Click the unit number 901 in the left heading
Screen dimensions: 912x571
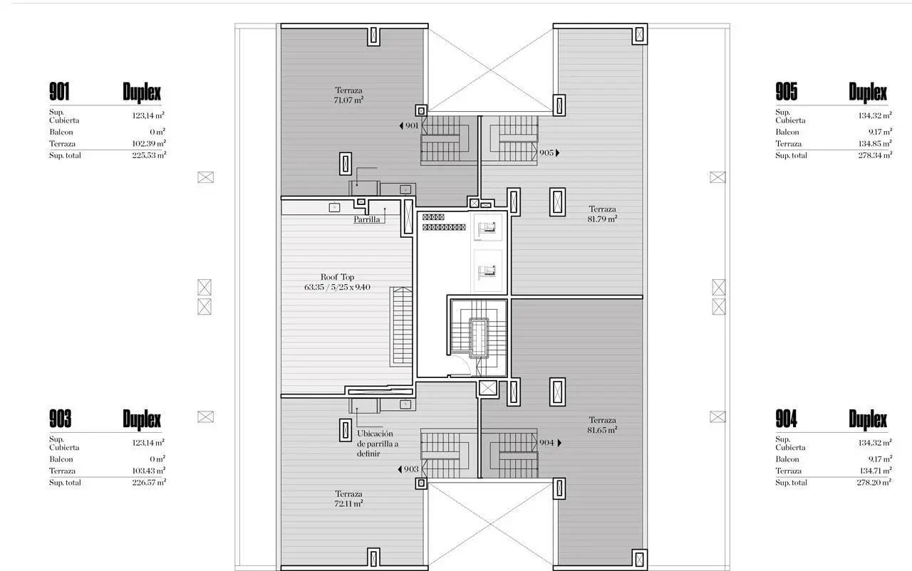59,92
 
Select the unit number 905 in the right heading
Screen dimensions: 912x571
786,92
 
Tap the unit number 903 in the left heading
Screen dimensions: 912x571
60,419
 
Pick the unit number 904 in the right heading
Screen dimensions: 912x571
786,419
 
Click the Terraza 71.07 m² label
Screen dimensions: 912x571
348,95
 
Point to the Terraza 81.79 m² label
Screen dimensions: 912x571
602,214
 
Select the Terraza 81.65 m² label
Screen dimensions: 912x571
602,425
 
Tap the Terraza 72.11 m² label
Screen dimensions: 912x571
348,498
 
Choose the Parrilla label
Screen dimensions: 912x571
366,219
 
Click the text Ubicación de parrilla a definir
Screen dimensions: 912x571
378,444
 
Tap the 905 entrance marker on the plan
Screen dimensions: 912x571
549,153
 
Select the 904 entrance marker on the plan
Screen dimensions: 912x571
550,442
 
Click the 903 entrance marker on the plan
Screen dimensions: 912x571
408,469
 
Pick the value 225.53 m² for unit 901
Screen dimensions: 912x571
149,155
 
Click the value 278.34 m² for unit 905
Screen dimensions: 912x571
876,155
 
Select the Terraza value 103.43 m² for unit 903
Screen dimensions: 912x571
149,471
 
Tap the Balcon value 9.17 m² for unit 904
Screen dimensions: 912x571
880,459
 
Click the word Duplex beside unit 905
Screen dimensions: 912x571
868,93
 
